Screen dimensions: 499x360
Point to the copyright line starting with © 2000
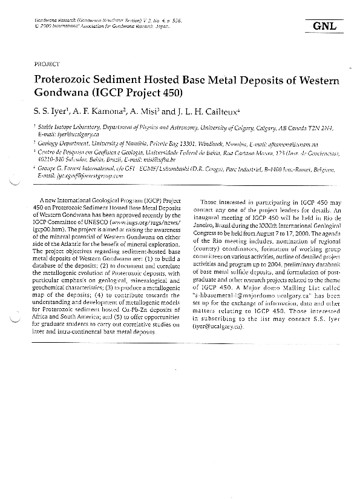click(x=87, y=26)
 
